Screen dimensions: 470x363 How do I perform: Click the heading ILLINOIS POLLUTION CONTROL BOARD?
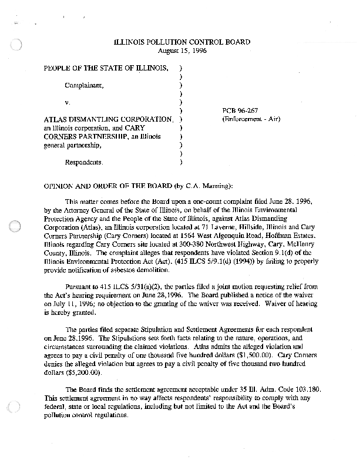coord(181,42)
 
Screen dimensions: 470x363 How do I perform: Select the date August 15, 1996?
coord(181,51)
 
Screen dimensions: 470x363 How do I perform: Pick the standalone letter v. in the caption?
coord(68,102)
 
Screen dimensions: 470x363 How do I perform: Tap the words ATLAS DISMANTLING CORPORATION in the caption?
coord(108,119)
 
